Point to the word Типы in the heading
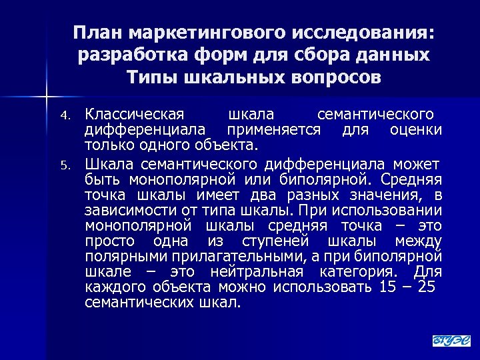click(x=149, y=77)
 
